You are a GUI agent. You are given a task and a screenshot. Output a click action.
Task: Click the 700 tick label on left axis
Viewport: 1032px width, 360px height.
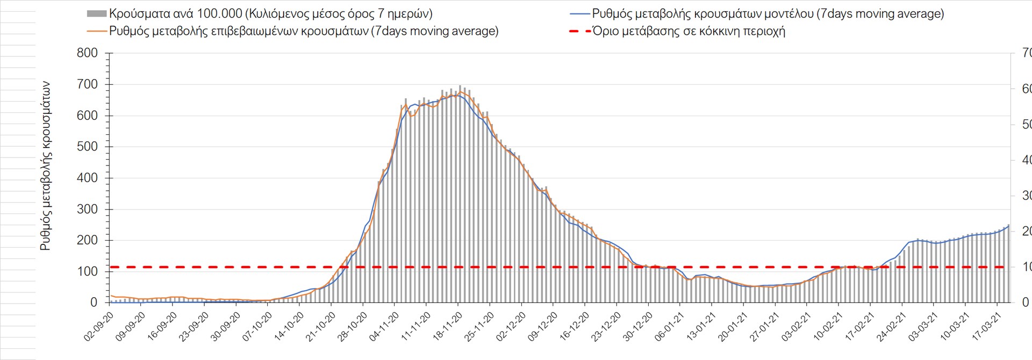coord(87,84)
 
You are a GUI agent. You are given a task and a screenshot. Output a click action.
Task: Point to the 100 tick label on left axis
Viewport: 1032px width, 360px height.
coord(87,271)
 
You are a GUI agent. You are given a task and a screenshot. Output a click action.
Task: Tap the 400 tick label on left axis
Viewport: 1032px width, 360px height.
coord(87,178)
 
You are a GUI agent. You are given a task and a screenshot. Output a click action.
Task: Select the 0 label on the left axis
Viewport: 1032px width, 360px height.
coord(94,303)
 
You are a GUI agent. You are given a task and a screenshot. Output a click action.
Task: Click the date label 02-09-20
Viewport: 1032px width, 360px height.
coord(98,327)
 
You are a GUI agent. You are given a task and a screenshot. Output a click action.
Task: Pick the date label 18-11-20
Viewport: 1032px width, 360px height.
coord(447,327)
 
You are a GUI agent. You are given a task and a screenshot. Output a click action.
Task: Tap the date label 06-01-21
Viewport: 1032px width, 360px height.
coord(669,327)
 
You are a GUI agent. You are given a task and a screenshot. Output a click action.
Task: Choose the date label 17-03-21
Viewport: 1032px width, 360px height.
coord(986,327)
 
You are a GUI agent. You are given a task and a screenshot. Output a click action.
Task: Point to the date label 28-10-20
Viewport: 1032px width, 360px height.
coord(352,327)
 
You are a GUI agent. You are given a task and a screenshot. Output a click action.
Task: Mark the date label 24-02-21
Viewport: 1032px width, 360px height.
coord(891,327)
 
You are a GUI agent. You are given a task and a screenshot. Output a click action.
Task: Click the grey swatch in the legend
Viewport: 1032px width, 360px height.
coord(97,14)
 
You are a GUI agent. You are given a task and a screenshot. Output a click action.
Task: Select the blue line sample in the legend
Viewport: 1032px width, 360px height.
coord(579,14)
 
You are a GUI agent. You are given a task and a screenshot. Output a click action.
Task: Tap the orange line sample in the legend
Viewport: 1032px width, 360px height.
coord(97,31)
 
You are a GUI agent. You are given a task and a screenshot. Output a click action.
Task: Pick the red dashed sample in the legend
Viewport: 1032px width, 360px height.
coord(579,31)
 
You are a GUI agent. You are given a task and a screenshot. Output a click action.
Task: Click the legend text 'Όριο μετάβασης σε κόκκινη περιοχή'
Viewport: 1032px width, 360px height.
coord(689,31)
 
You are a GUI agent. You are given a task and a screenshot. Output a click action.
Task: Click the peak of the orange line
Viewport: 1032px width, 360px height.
coord(461,92)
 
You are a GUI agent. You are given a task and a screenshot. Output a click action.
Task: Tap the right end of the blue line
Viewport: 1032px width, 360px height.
coord(1009,226)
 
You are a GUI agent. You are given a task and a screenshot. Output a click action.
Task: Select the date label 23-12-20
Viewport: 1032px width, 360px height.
coord(606,327)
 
